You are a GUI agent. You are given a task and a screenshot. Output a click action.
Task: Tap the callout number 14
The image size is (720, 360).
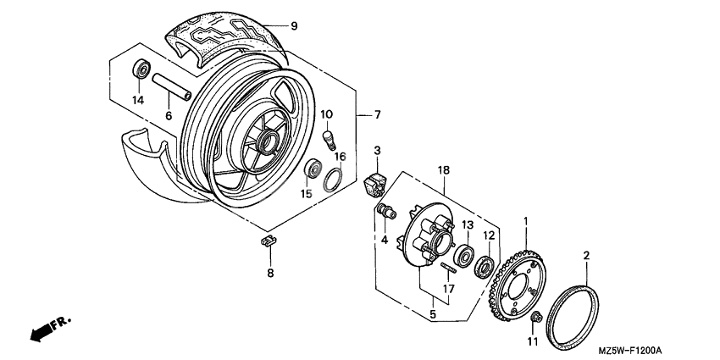(139, 100)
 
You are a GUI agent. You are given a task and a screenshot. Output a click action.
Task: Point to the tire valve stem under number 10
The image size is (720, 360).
(330, 136)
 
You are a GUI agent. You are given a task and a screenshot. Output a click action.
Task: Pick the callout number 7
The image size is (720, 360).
(379, 114)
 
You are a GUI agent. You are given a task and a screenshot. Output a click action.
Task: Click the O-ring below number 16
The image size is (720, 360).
(335, 180)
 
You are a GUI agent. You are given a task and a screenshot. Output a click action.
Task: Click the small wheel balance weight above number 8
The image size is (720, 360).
(269, 241)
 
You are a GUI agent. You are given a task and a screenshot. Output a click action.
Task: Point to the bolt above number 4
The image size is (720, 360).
(386, 213)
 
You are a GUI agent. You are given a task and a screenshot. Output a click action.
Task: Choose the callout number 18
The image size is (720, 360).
(442, 171)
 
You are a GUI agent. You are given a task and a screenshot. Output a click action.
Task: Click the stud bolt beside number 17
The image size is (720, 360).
(448, 269)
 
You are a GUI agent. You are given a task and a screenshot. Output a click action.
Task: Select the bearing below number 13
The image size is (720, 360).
(465, 255)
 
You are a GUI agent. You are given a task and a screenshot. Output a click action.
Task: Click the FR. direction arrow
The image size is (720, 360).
(50, 329)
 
